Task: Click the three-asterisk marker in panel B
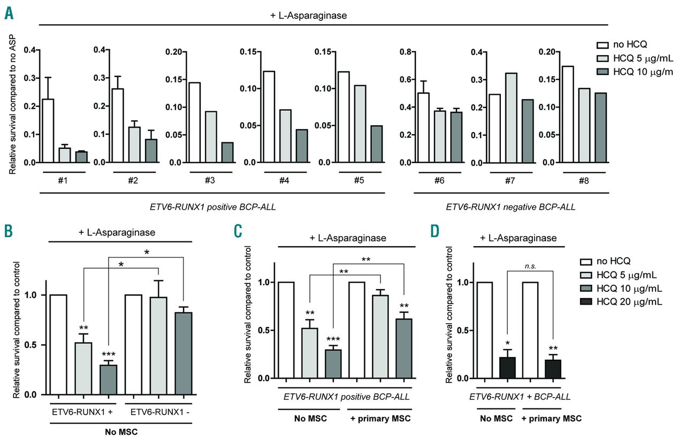(x=109, y=355)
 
